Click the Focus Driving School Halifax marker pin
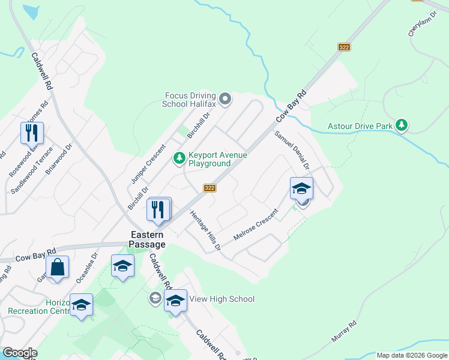point(225,99)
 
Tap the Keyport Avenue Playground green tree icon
point(179,158)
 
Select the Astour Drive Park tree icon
point(402,126)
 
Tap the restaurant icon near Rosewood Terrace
point(32,132)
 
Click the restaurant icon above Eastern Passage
point(158,209)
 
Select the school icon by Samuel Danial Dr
point(301,188)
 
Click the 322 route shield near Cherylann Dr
point(344,47)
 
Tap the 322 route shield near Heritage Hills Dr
point(209,188)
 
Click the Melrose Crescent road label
point(256,225)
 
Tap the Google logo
point(20,353)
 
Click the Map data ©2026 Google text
point(411,355)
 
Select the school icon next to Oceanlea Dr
point(122,266)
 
